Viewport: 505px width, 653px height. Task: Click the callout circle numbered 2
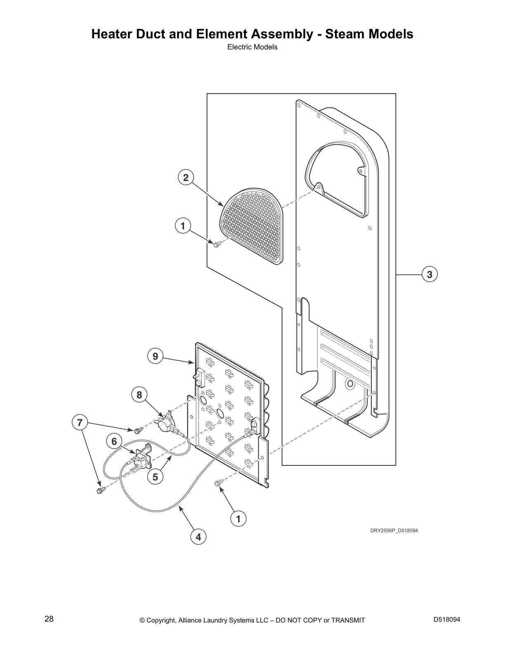point(186,178)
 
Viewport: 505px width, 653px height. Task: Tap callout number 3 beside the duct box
point(430,275)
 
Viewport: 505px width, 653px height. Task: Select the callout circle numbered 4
point(198,537)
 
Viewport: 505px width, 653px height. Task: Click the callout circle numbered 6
point(114,442)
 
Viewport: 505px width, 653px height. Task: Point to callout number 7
point(80,423)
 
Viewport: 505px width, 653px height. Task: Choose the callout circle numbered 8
point(139,395)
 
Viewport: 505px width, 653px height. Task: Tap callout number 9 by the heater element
point(155,356)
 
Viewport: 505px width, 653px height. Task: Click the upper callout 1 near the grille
point(183,225)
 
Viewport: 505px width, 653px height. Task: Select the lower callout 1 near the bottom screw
point(238,519)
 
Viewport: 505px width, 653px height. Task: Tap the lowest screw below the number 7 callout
point(101,490)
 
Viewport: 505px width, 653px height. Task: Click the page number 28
point(49,619)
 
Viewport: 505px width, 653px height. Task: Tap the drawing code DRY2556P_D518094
point(394,531)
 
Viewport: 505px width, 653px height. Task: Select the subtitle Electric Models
point(252,47)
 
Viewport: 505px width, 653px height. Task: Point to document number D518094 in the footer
point(447,619)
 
